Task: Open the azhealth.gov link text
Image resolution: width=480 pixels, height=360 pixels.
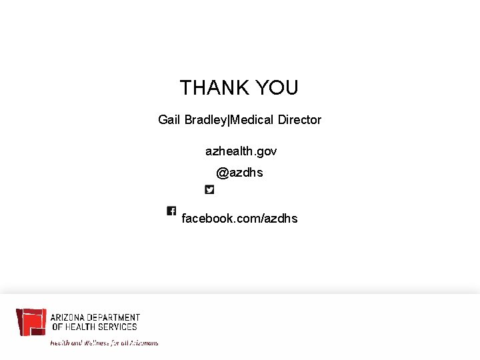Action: [241, 151]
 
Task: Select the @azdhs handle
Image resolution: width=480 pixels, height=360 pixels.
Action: [239, 173]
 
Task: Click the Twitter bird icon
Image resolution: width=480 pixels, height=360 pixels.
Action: [209, 189]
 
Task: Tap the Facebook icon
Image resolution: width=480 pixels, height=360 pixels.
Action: [171, 211]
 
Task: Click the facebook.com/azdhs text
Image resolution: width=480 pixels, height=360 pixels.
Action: [239, 219]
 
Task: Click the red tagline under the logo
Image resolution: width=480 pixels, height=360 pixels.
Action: [105, 343]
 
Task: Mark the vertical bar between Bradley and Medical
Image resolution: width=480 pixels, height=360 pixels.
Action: [229, 120]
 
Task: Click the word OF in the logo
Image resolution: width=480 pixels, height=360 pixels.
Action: [57, 327]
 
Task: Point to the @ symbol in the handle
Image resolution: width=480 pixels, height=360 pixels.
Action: [222, 173]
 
